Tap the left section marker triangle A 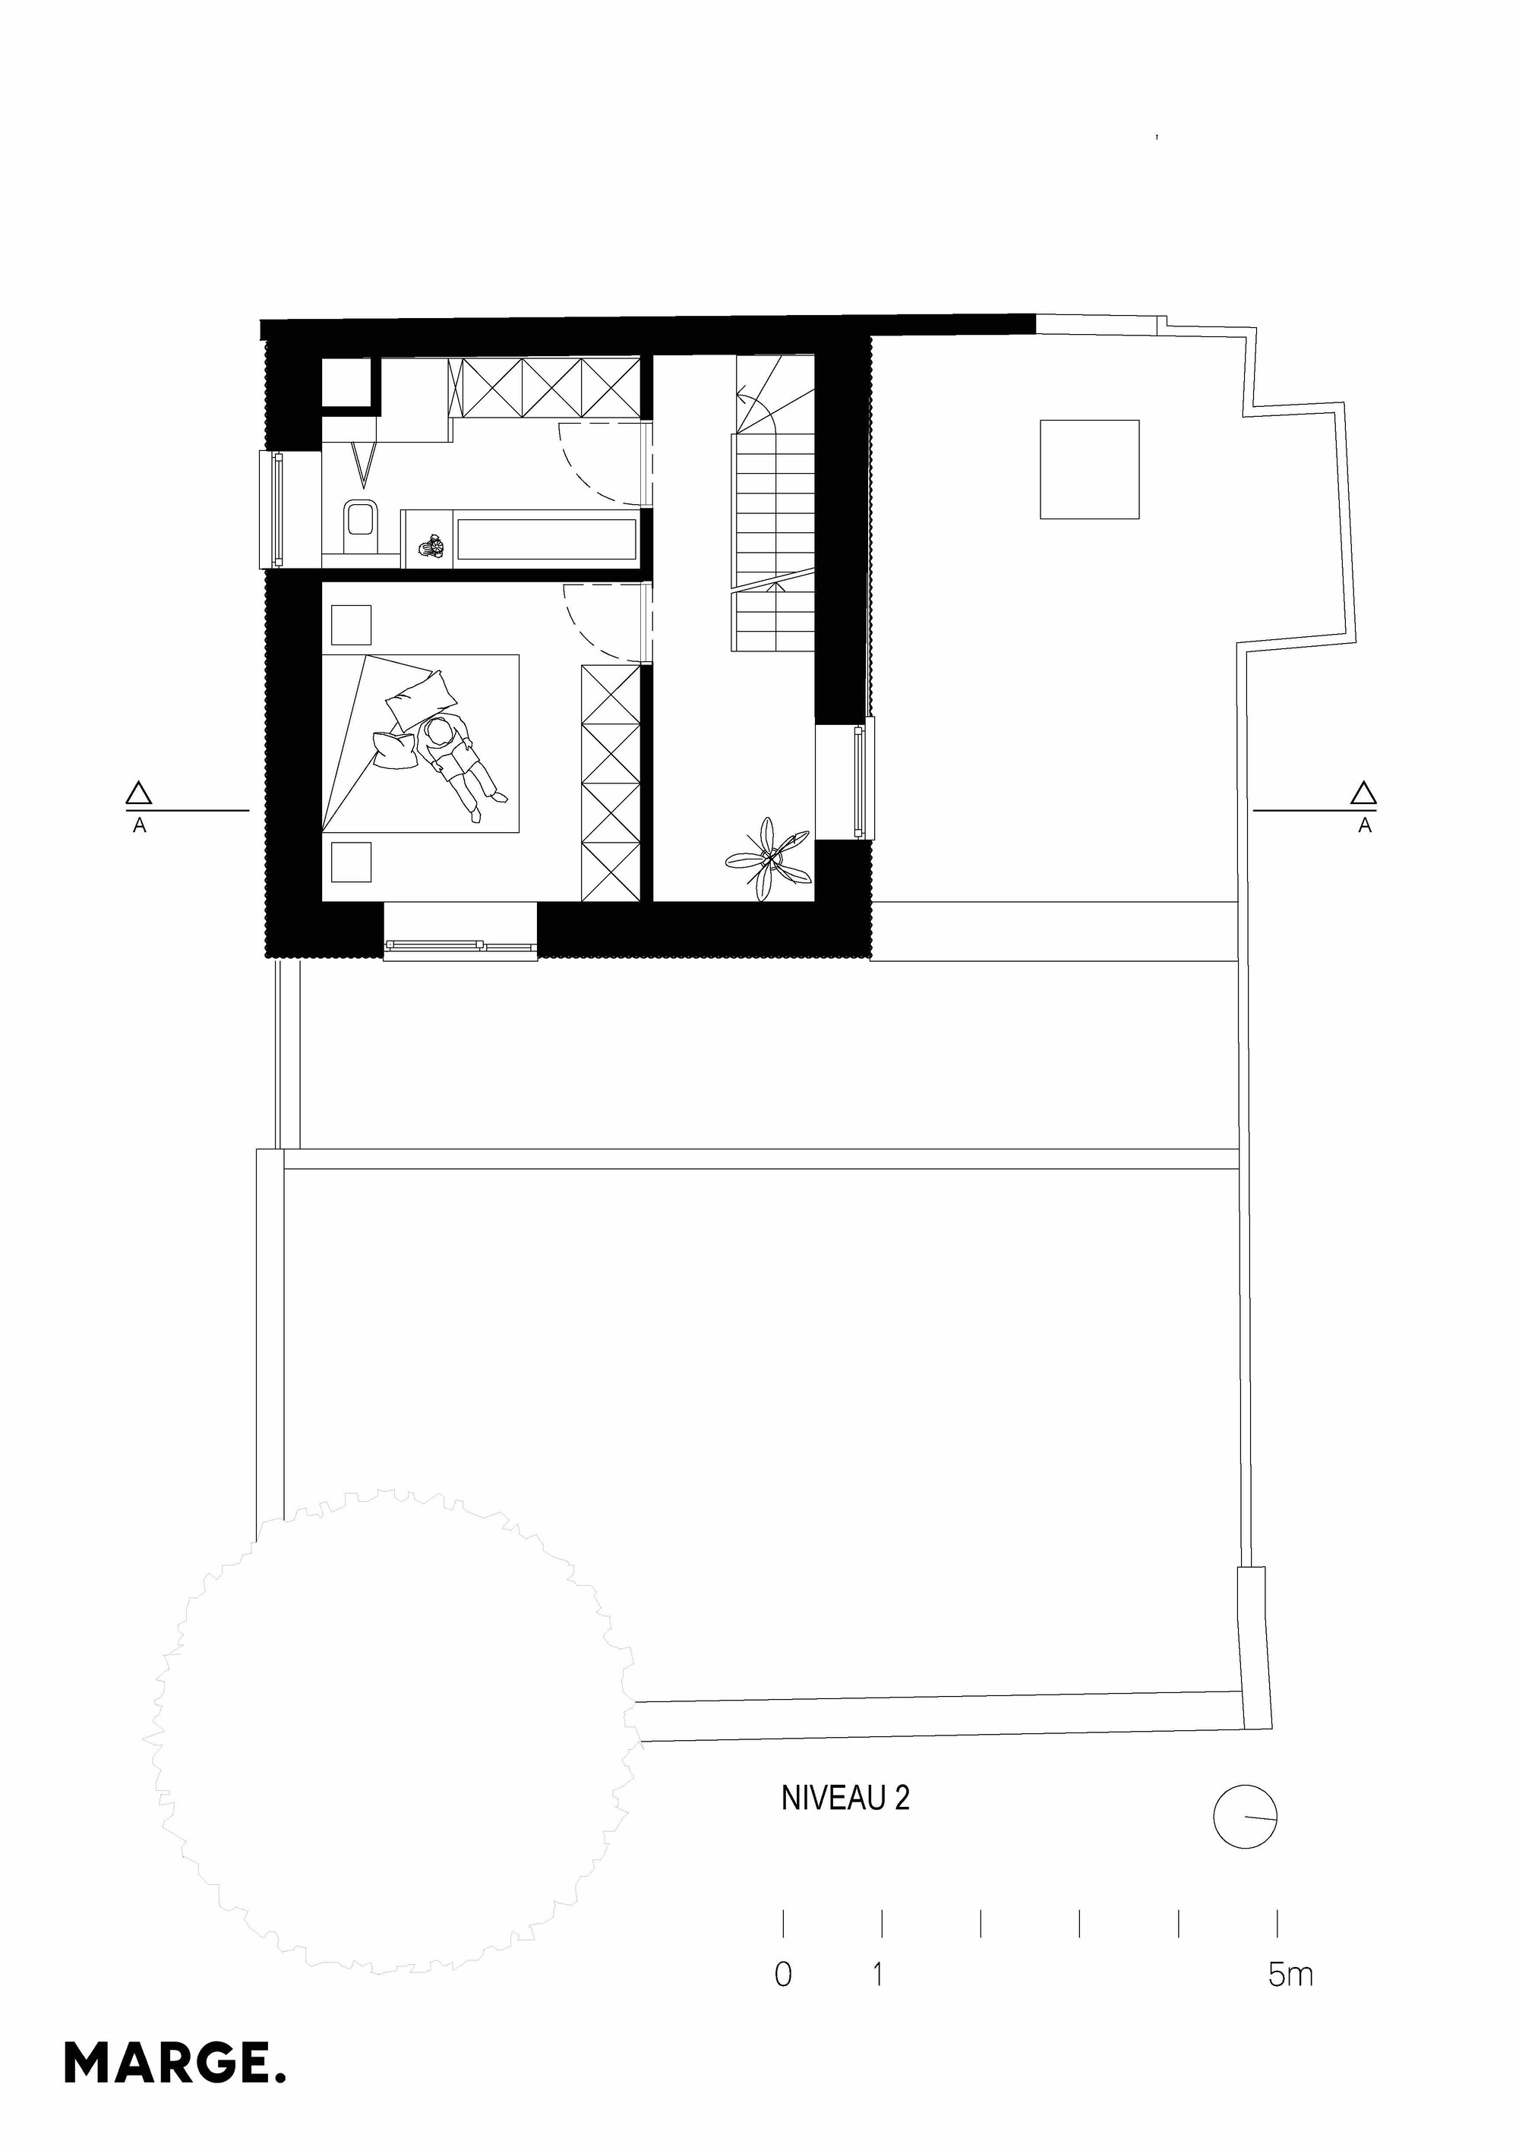click(x=139, y=795)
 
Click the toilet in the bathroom click(x=359, y=528)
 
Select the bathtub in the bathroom click(x=545, y=538)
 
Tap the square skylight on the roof click(x=1088, y=469)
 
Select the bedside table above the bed click(x=351, y=626)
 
